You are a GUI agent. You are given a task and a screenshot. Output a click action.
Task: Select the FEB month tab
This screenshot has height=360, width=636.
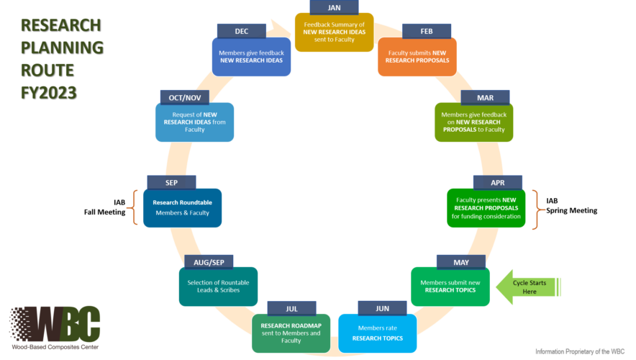[426, 31]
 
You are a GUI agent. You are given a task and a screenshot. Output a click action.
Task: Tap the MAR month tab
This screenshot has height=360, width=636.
[485, 97]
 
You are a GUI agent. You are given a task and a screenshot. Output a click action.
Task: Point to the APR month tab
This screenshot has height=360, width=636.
[497, 182]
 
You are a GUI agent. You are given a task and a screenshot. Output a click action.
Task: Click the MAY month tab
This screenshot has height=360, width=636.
[460, 261]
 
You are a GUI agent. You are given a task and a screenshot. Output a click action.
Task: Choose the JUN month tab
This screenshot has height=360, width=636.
[382, 308]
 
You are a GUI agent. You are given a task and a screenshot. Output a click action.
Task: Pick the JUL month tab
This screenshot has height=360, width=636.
[291, 308]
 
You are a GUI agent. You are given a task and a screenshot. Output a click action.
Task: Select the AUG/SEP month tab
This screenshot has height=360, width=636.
[208, 261]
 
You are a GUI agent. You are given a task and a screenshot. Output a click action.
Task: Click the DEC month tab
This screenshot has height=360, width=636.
[241, 31]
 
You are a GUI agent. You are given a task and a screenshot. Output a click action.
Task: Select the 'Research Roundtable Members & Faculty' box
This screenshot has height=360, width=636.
[183, 207]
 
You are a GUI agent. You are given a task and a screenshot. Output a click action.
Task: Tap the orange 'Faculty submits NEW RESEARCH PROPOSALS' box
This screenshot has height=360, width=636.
[418, 57]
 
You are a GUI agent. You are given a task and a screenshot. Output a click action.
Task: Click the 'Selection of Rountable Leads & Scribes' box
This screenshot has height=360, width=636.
[219, 287]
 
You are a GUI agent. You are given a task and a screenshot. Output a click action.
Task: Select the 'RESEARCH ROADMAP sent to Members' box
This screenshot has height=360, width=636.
[291, 333]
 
